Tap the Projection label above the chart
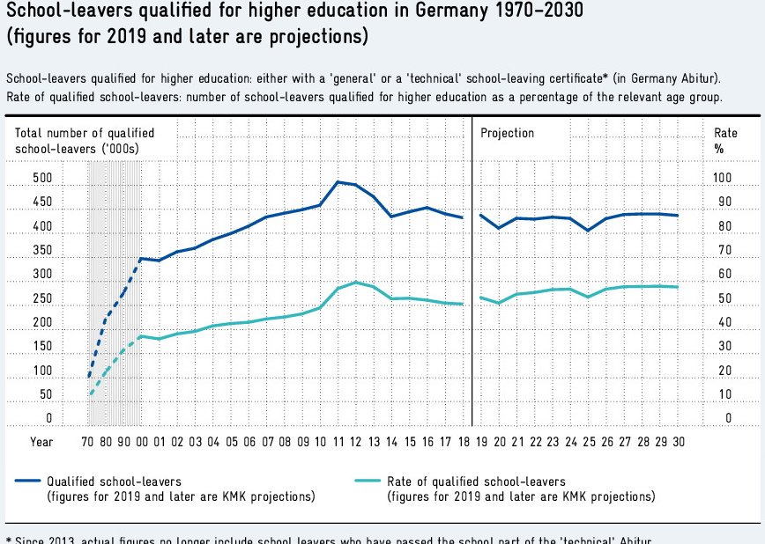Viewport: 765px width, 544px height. pyautogui.click(x=507, y=133)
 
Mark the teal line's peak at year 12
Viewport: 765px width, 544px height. pyautogui.click(x=354, y=283)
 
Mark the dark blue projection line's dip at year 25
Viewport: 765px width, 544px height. pyautogui.click(x=588, y=231)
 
